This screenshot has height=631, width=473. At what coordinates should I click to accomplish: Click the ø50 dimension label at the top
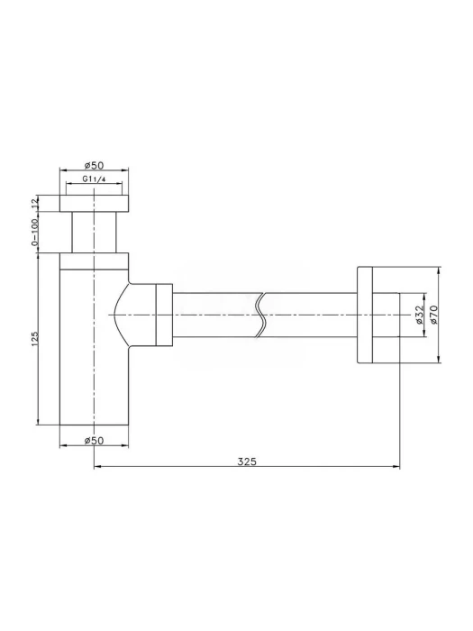pos(94,165)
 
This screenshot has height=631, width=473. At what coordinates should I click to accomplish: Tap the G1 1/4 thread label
pos(94,179)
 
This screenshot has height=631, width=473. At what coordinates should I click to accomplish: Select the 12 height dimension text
pos(34,203)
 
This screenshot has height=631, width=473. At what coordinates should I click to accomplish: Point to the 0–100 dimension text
pos(34,232)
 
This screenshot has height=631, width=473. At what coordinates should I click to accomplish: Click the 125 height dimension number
pos(34,339)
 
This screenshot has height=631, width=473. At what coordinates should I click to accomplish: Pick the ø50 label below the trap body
pos(94,441)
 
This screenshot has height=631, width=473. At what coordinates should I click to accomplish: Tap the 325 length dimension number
pos(247,462)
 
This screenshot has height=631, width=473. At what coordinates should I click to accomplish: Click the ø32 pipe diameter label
pos(419,315)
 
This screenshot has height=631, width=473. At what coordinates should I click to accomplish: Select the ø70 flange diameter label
pos(432,315)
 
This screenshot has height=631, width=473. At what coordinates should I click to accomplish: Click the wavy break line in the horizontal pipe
pos(261,315)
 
